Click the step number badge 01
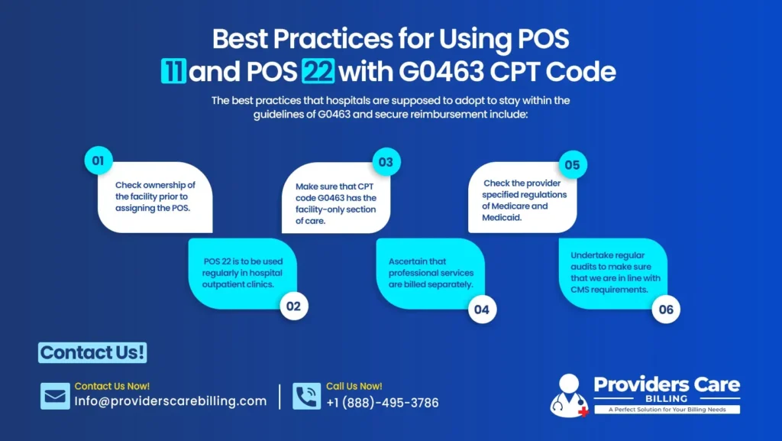coord(98,161)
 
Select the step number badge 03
coord(386,162)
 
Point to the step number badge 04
coord(482,310)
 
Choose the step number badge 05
coord(572,164)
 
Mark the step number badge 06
coord(667,310)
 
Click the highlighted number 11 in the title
coord(174,73)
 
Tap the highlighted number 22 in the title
coord(318,73)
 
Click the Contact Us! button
coord(92,352)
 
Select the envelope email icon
coord(55,396)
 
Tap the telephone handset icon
coord(306,396)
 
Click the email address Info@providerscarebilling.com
coord(170,401)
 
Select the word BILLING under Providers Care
coord(666,398)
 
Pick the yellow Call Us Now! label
coord(354,387)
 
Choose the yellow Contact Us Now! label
coord(111,387)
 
